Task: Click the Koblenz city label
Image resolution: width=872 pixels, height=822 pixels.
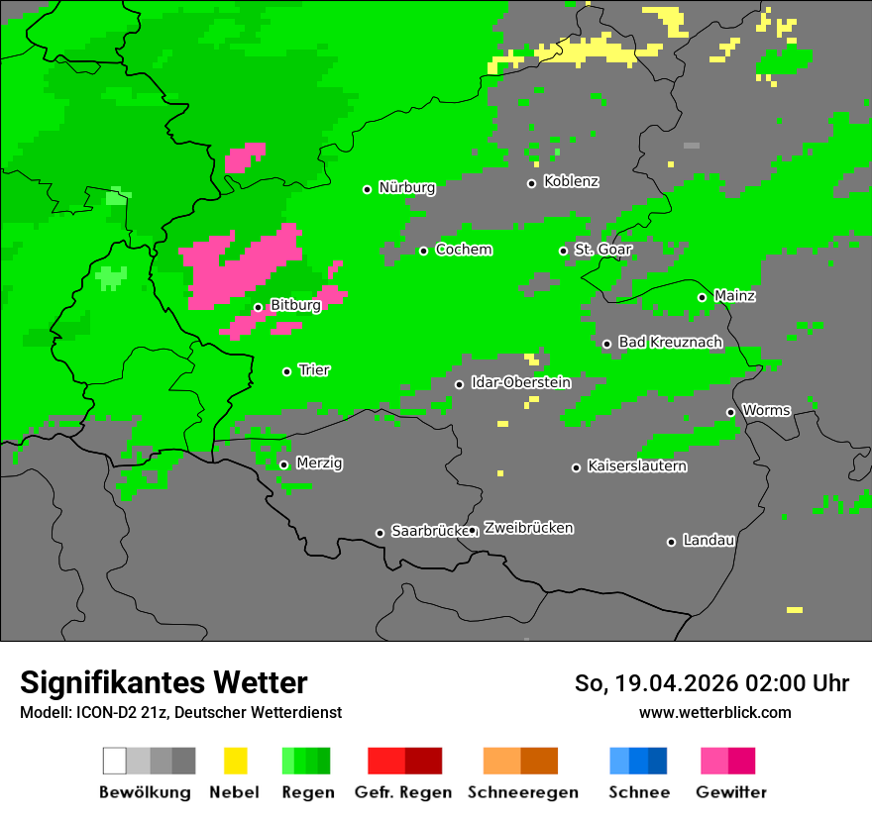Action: click(x=571, y=181)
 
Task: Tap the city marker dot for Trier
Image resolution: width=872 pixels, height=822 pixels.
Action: click(x=286, y=371)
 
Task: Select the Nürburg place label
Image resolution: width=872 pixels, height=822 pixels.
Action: click(x=406, y=187)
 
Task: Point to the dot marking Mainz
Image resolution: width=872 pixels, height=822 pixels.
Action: click(x=702, y=297)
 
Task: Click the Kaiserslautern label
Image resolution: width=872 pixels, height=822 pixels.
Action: click(x=636, y=465)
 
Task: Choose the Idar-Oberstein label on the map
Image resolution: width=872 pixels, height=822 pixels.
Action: click(x=520, y=382)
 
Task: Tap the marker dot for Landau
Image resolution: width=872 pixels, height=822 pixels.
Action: click(x=671, y=542)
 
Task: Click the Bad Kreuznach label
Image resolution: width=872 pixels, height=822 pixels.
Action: click(x=670, y=342)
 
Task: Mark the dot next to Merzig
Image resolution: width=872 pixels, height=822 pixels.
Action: click(x=283, y=464)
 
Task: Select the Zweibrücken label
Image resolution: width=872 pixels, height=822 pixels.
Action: click(x=528, y=528)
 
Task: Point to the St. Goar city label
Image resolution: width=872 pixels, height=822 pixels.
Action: click(x=602, y=249)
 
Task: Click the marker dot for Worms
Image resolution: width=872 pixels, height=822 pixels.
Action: click(x=730, y=412)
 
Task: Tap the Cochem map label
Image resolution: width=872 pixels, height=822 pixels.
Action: click(x=463, y=250)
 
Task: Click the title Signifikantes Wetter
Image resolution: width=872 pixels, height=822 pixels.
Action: click(x=163, y=682)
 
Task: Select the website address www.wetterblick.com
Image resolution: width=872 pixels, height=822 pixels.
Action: click(x=714, y=712)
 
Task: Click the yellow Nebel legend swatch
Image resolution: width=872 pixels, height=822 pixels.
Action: click(x=235, y=761)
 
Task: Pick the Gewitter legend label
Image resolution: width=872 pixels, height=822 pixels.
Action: click(x=730, y=792)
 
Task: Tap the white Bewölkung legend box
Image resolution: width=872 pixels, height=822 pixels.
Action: click(x=115, y=761)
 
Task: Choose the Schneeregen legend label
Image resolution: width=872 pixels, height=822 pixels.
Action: click(x=522, y=792)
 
